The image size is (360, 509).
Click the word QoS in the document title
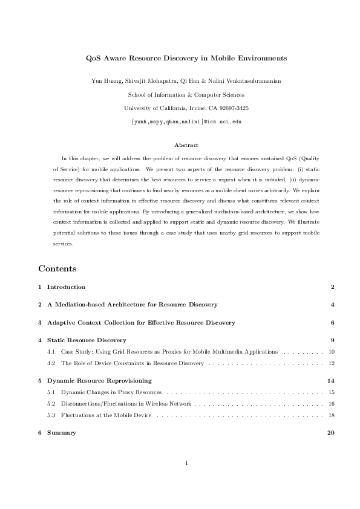tap(97, 59)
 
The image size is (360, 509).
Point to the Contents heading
tap(57, 268)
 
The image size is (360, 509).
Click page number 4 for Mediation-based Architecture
tap(333, 305)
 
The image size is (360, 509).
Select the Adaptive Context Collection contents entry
tap(141, 322)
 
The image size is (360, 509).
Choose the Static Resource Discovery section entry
tap(87, 340)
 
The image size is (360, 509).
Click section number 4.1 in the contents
tap(51, 351)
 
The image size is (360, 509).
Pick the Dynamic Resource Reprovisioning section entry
tap(99, 381)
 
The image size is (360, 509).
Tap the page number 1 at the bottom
tap(187, 463)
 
